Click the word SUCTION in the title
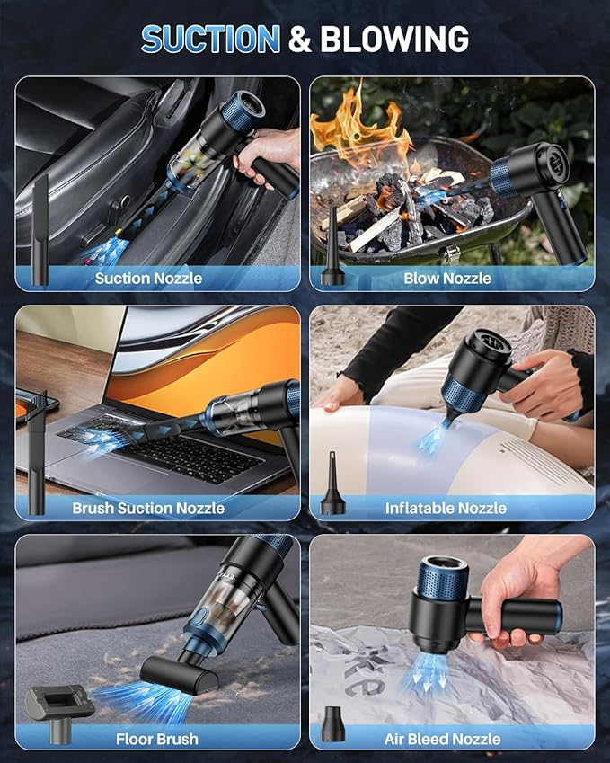210,39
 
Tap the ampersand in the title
301,39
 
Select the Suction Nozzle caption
148,278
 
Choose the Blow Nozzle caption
446,278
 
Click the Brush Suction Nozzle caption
148,508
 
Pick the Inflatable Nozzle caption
446,508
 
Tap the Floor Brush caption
157,739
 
